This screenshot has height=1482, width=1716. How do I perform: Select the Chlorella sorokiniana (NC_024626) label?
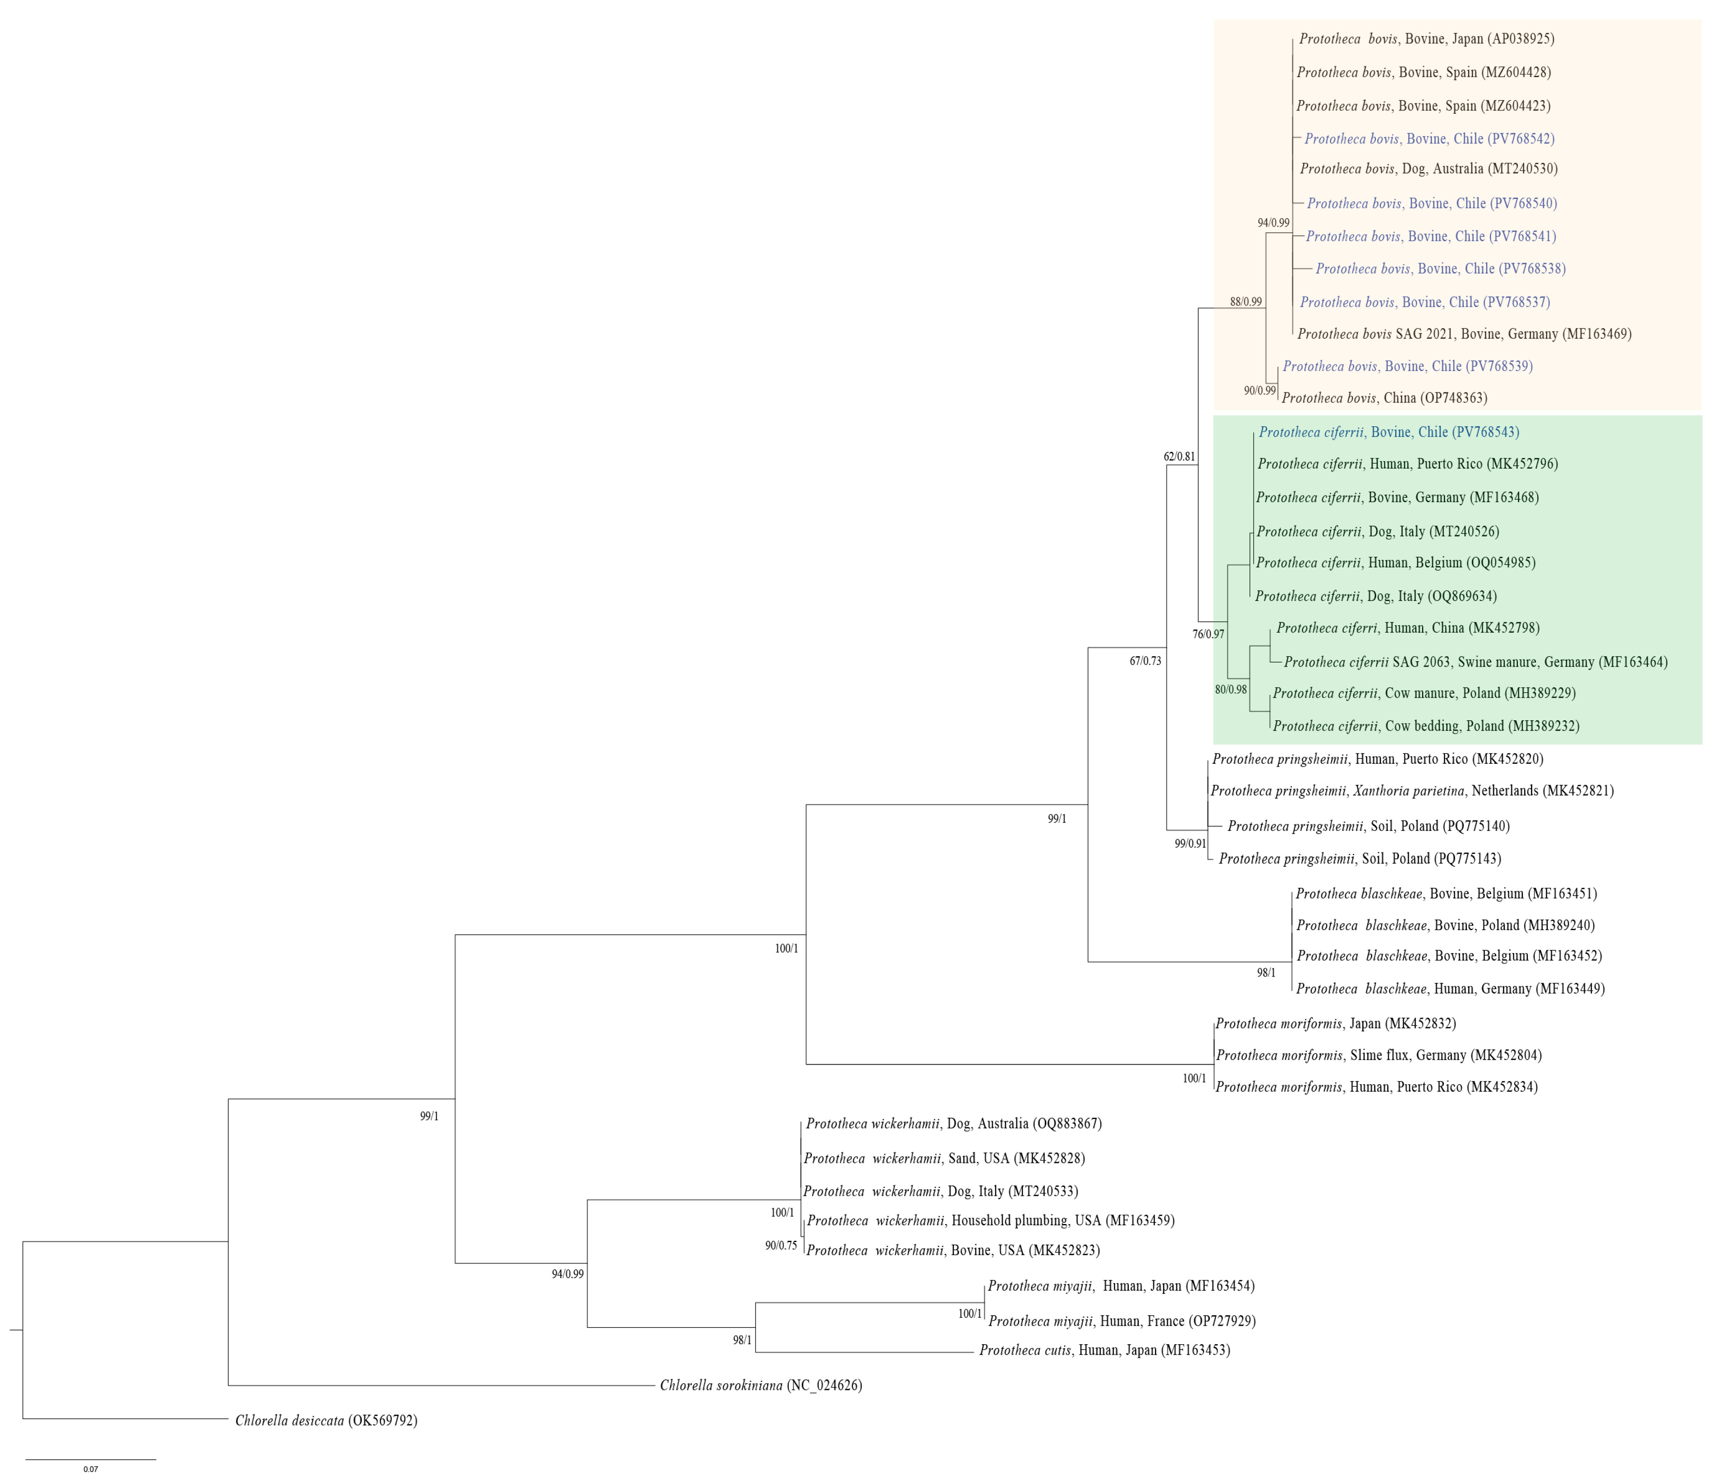coord(760,1385)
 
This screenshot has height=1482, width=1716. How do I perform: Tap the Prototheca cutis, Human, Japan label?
coord(1104,1350)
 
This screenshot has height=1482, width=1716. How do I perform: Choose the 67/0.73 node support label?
coord(1145,661)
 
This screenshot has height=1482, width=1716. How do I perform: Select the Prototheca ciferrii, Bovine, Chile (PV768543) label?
coord(1389,432)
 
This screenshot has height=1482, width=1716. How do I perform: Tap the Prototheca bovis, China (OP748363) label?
coord(1384,398)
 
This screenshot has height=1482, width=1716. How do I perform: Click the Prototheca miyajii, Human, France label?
coord(1121,1321)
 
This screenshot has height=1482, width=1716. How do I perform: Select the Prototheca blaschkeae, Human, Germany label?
coord(1449,988)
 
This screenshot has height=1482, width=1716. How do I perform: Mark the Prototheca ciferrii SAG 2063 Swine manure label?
coord(1475,662)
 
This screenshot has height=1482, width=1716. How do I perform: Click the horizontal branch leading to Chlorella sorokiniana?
coord(439,1385)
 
